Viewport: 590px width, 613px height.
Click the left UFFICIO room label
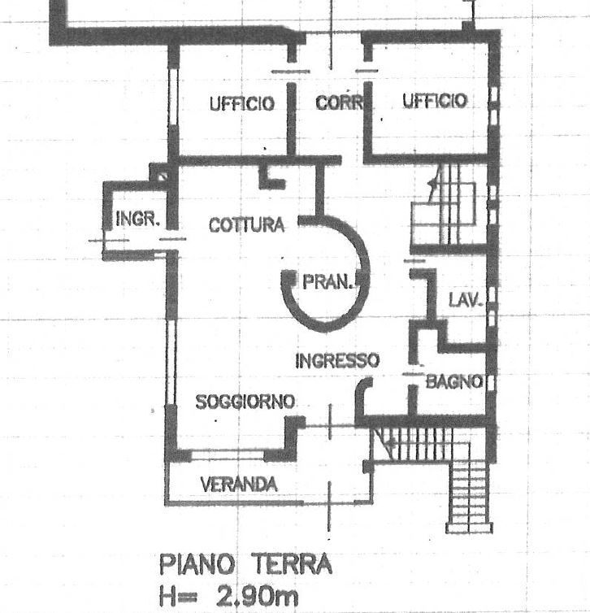point(241,104)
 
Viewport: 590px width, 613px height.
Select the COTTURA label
point(246,225)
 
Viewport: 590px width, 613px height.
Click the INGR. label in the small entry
point(135,220)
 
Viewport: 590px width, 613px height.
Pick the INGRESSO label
point(337,360)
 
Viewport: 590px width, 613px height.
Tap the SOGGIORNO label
point(245,402)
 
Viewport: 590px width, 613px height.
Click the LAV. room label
point(466,300)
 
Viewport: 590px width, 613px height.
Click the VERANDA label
point(238,485)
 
